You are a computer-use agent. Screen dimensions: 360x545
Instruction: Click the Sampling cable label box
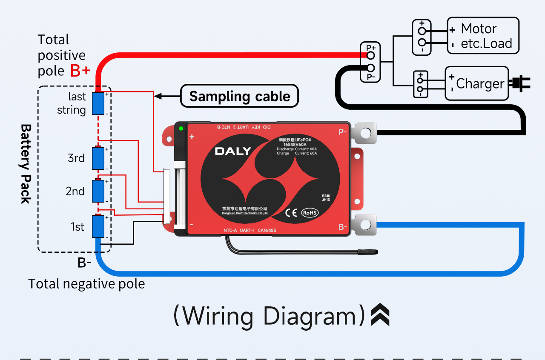coord(239,96)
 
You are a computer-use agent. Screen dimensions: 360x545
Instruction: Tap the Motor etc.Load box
coord(483,36)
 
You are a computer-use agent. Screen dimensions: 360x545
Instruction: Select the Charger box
coord(476,83)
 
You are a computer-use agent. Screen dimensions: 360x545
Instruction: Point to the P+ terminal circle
coord(371,55)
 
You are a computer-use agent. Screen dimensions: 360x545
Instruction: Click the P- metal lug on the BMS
coord(365,133)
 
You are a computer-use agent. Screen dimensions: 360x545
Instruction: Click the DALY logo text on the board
coord(232,151)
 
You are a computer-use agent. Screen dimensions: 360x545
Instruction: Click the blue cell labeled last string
coord(99,103)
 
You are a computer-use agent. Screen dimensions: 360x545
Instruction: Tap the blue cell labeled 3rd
coord(99,158)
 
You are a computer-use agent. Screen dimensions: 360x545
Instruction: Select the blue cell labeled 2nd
coord(99,191)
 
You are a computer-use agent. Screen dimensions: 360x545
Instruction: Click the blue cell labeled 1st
coord(99,226)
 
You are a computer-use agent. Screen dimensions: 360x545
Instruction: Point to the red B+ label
coord(80,71)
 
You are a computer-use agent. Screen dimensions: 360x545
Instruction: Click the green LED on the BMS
coord(181,129)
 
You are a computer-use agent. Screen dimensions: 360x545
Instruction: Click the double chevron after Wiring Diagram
coord(380,315)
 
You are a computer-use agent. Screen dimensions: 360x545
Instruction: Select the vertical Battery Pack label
coord(26,164)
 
